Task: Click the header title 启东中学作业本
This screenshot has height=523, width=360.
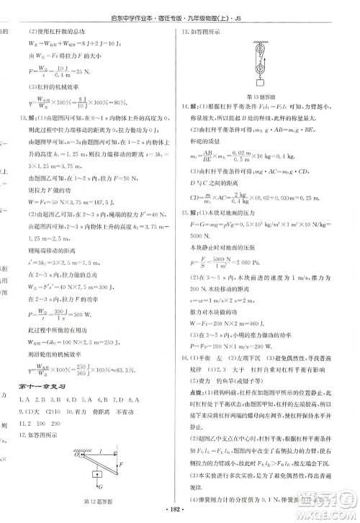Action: (x=146, y=9)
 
